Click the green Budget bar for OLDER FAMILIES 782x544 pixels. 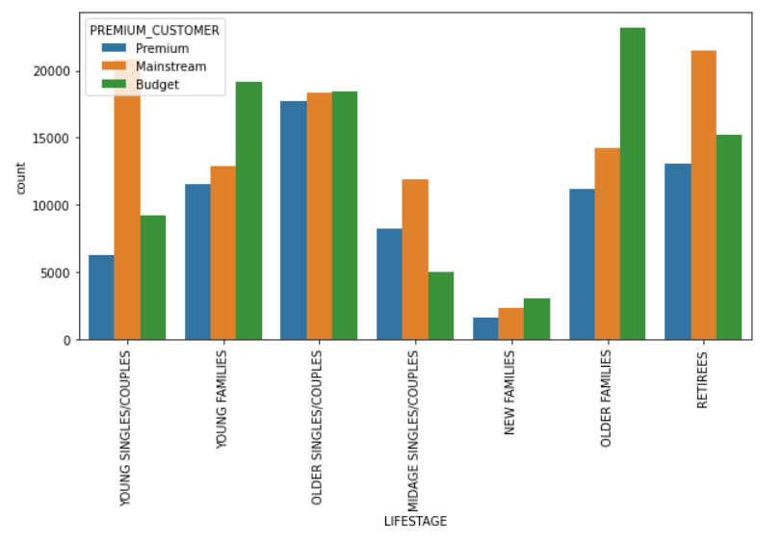click(633, 183)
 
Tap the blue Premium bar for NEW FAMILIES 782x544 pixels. click(485, 328)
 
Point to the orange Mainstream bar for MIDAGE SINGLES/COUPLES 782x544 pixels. click(415, 259)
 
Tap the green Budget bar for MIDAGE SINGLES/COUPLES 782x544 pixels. click(441, 305)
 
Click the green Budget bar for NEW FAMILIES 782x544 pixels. click(536, 319)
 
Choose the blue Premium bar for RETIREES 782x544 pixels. click(678, 251)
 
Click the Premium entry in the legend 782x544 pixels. click(161, 48)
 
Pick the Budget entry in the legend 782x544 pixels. click(157, 84)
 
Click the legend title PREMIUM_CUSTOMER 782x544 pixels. click(154, 31)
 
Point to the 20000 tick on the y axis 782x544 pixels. click(59, 71)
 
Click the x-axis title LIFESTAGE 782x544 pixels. click(415, 522)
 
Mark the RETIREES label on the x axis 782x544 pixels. click(703, 381)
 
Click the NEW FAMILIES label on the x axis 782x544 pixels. click(511, 394)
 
